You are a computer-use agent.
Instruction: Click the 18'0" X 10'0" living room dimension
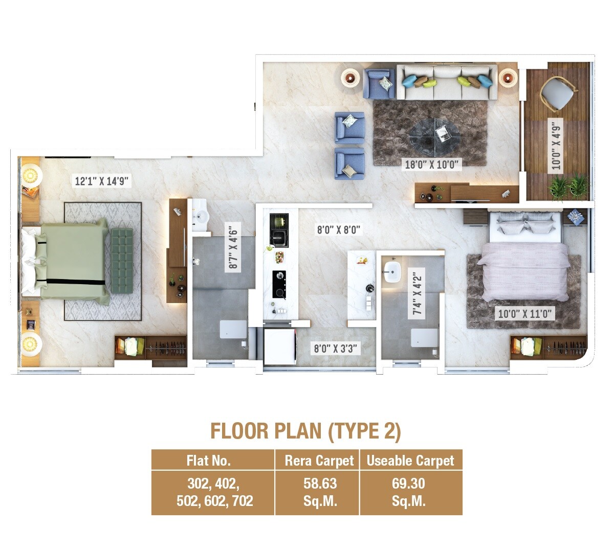(x=433, y=165)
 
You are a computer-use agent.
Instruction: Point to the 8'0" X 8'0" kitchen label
(x=339, y=230)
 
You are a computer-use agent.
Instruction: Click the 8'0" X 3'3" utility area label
(x=335, y=349)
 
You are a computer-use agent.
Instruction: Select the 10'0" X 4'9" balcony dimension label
(x=556, y=145)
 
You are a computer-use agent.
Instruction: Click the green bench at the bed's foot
(x=122, y=261)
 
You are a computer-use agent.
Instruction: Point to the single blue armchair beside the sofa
(x=379, y=84)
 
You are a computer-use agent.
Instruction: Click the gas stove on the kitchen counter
(x=279, y=284)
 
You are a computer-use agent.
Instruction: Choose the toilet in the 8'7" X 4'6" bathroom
(x=234, y=330)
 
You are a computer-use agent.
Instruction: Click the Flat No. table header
(x=209, y=460)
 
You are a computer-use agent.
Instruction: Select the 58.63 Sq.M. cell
(x=320, y=492)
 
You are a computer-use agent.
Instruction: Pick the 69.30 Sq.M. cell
(x=409, y=492)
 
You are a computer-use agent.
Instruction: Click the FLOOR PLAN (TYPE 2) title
(x=305, y=431)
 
